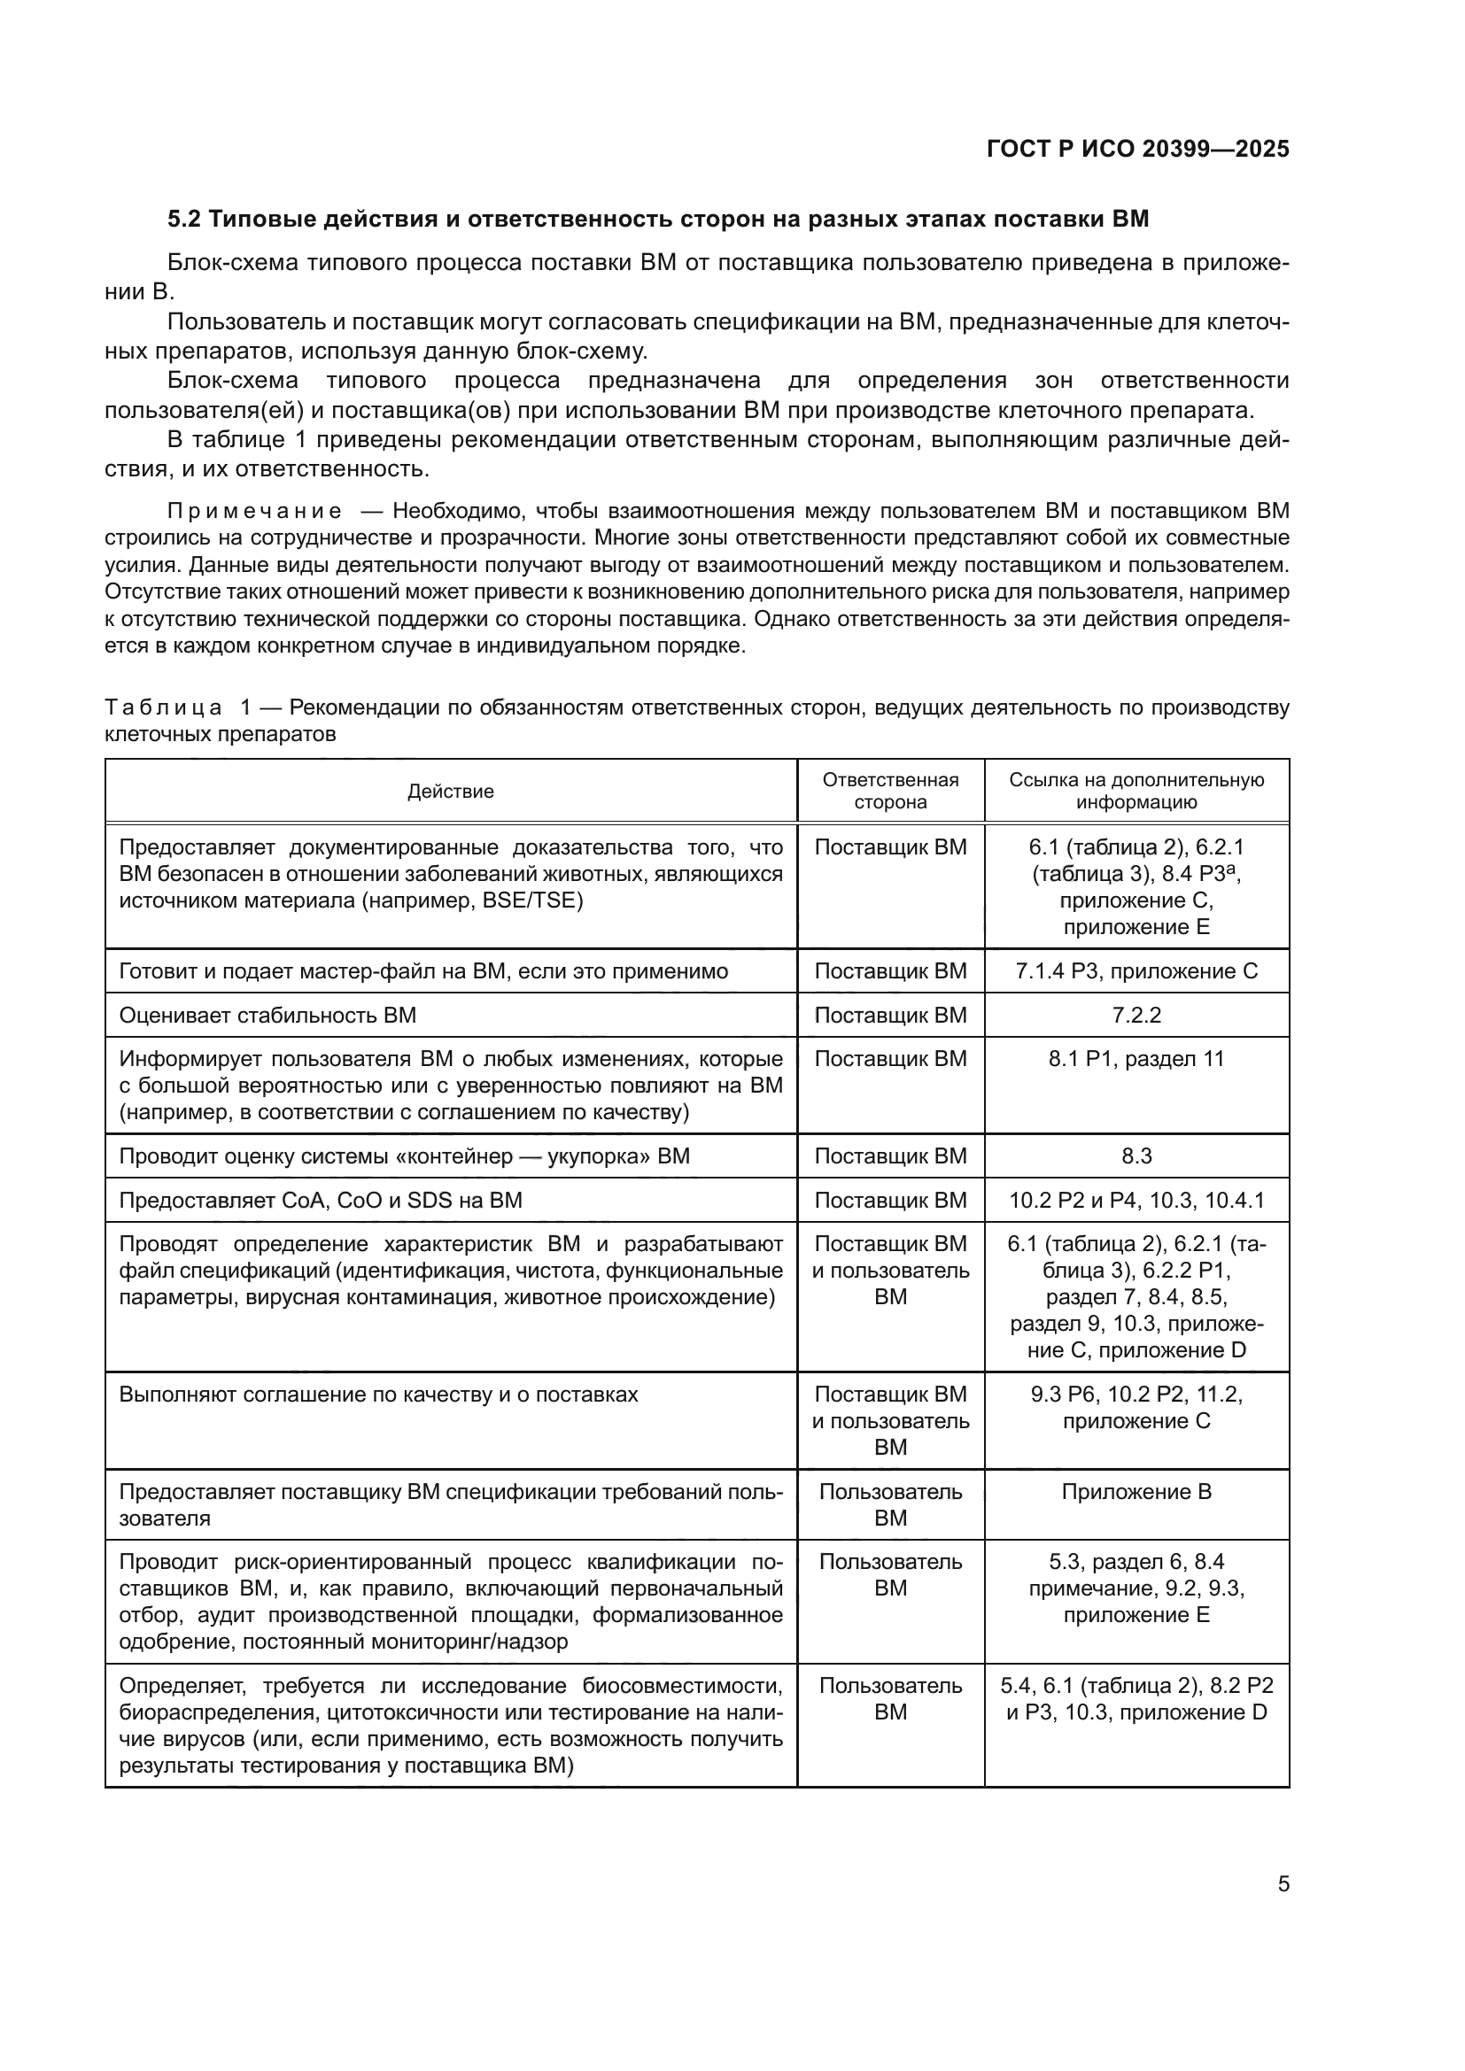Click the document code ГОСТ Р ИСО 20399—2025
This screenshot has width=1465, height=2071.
[1137, 150]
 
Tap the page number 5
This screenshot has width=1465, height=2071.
[1283, 1883]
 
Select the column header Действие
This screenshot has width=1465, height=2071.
[450, 791]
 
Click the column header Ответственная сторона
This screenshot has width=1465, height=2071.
[889, 791]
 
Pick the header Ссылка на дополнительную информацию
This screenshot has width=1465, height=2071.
[1136, 791]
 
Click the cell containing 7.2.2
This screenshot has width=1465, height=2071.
[1136, 1015]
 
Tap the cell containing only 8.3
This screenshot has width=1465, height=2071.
[1136, 1155]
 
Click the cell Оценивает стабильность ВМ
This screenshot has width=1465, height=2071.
[267, 1015]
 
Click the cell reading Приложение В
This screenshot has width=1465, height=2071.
[1136, 1491]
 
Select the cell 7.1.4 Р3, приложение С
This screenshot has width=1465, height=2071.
[1136, 970]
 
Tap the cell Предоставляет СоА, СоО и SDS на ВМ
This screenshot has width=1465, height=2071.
[321, 1200]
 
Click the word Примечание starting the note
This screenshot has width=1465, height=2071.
[254, 512]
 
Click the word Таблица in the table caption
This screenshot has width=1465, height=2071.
[163, 707]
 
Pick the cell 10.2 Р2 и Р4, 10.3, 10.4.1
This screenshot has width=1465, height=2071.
[1136, 1200]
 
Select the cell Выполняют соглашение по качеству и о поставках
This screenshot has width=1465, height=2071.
[378, 1394]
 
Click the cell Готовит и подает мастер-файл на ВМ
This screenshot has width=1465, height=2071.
[423, 970]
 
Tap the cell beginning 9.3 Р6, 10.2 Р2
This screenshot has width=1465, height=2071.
[1136, 1407]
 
